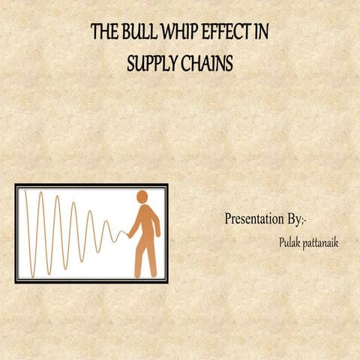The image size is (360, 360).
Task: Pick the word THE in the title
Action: click(104, 33)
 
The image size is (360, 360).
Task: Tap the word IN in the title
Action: click(262, 33)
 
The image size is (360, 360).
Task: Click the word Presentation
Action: click(254, 219)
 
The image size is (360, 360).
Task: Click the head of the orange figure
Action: click(142, 197)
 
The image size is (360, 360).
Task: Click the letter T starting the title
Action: click(94, 33)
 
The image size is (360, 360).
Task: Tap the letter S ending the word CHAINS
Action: click(229, 64)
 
